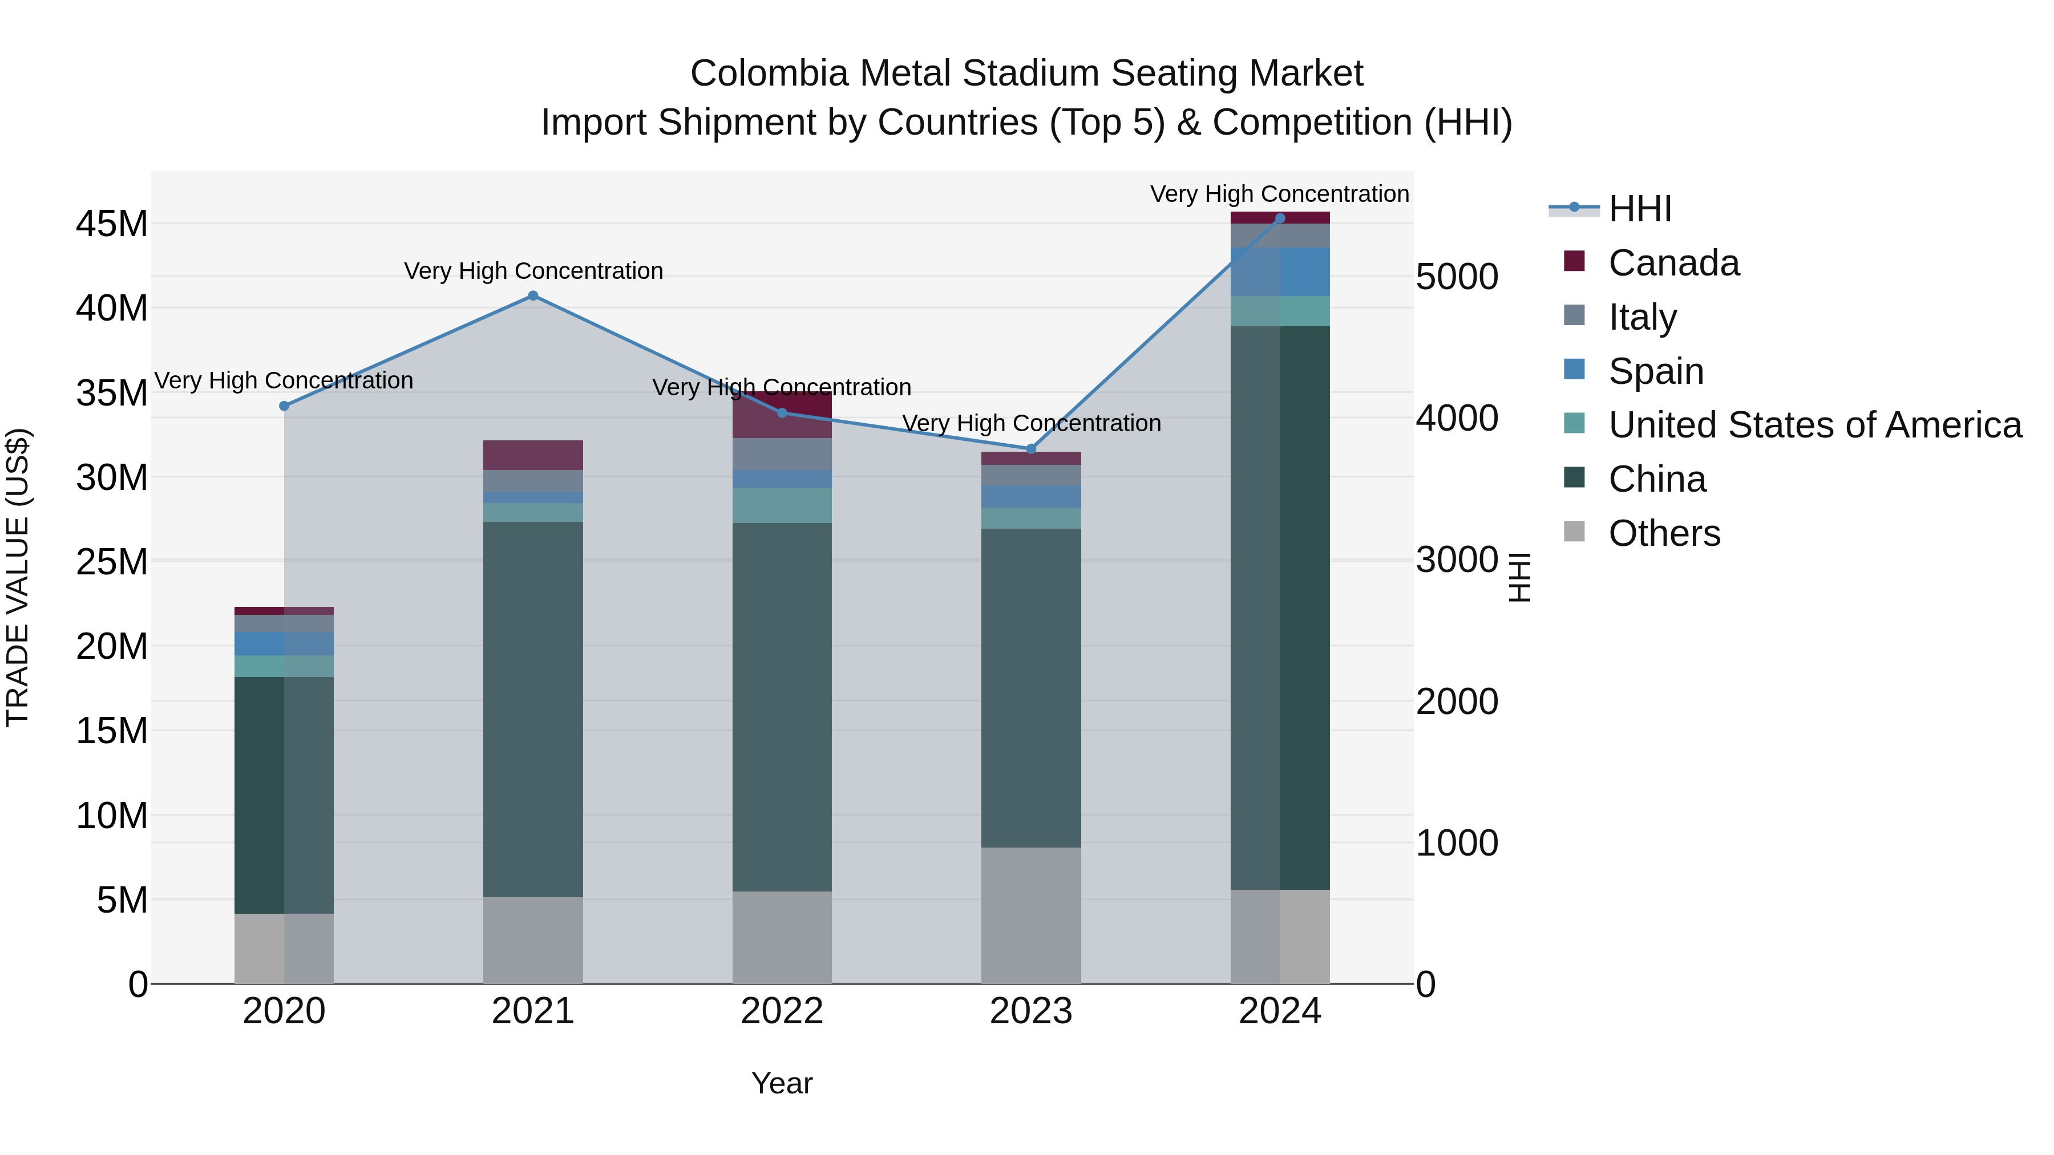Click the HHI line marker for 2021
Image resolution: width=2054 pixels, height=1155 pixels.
(x=533, y=295)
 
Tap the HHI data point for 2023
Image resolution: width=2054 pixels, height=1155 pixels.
(x=1030, y=449)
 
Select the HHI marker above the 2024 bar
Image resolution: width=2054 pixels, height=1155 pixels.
(x=1280, y=218)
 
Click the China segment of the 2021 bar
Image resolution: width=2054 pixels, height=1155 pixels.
(x=533, y=710)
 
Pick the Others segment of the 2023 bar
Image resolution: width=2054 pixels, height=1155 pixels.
(x=1030, y=915)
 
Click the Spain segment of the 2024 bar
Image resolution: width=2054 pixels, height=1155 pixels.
(x=1280, y=272)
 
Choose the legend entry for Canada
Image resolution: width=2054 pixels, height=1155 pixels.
(x=1673, y=263)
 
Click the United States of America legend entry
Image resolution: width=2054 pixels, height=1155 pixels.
(x=1814, y=425)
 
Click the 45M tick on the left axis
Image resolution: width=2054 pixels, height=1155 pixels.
(x=112, y=224)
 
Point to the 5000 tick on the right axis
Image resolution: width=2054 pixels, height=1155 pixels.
(x=1456, y=277)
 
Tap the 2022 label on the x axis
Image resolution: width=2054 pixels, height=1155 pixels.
(x=782, y=1011)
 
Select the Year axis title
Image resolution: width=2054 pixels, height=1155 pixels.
(x=782, y=1083)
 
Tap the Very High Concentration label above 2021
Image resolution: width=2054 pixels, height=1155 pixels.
(x=533, y=271)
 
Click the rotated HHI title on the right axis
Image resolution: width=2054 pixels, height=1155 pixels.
(x=1520, y=577)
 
